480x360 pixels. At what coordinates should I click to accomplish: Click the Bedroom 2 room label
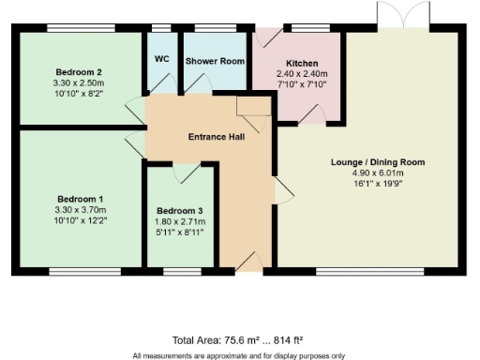78,71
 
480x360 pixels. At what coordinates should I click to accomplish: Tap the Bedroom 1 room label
80,199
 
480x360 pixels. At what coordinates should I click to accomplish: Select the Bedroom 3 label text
178,210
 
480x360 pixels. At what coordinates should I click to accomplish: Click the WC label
161,59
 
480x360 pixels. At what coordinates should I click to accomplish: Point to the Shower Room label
215,60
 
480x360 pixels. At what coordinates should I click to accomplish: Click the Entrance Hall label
217,137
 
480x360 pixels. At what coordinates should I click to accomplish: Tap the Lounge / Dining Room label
378,162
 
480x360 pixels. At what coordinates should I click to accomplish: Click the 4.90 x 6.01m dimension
378,173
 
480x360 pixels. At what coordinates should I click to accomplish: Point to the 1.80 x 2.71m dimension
178,220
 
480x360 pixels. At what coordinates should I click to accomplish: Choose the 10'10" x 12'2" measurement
80,220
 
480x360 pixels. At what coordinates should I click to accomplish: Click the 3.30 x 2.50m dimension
78,82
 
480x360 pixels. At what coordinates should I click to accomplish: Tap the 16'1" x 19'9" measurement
378,184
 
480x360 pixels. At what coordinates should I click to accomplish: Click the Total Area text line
238,340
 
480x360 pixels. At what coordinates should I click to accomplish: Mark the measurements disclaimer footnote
238,355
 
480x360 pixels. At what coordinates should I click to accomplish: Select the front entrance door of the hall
248,262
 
